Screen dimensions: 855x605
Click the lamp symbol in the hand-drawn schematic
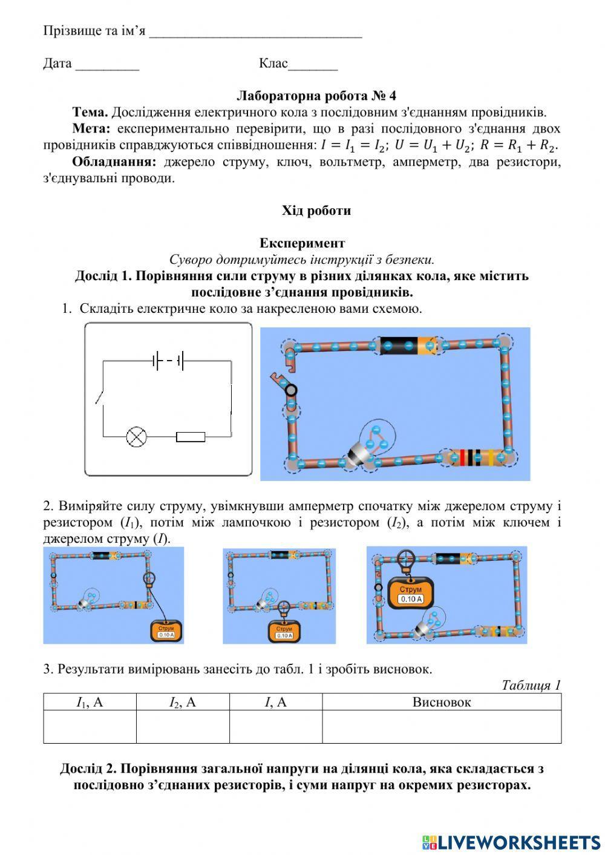(x=136, y=436)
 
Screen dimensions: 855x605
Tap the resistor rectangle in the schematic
(x=191, y=437)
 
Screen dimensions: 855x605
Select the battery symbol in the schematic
(x=168, y=361)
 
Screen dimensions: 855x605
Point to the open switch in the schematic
(x=100, y=396)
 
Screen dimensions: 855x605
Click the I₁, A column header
(x=90, y=702)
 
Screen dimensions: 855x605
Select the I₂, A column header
(x=183, y=702)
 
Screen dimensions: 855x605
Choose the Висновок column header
(x=442, y=702)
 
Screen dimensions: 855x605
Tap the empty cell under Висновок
(x=442, y=726)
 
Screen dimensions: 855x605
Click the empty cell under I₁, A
(x=90, y=726)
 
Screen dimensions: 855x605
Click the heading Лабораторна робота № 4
(x=316, y=96)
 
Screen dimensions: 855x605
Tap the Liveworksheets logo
(x=511, y=842)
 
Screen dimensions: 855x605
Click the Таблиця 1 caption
(x=531, y=685)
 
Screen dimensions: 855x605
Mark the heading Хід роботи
(x=316, y=211)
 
